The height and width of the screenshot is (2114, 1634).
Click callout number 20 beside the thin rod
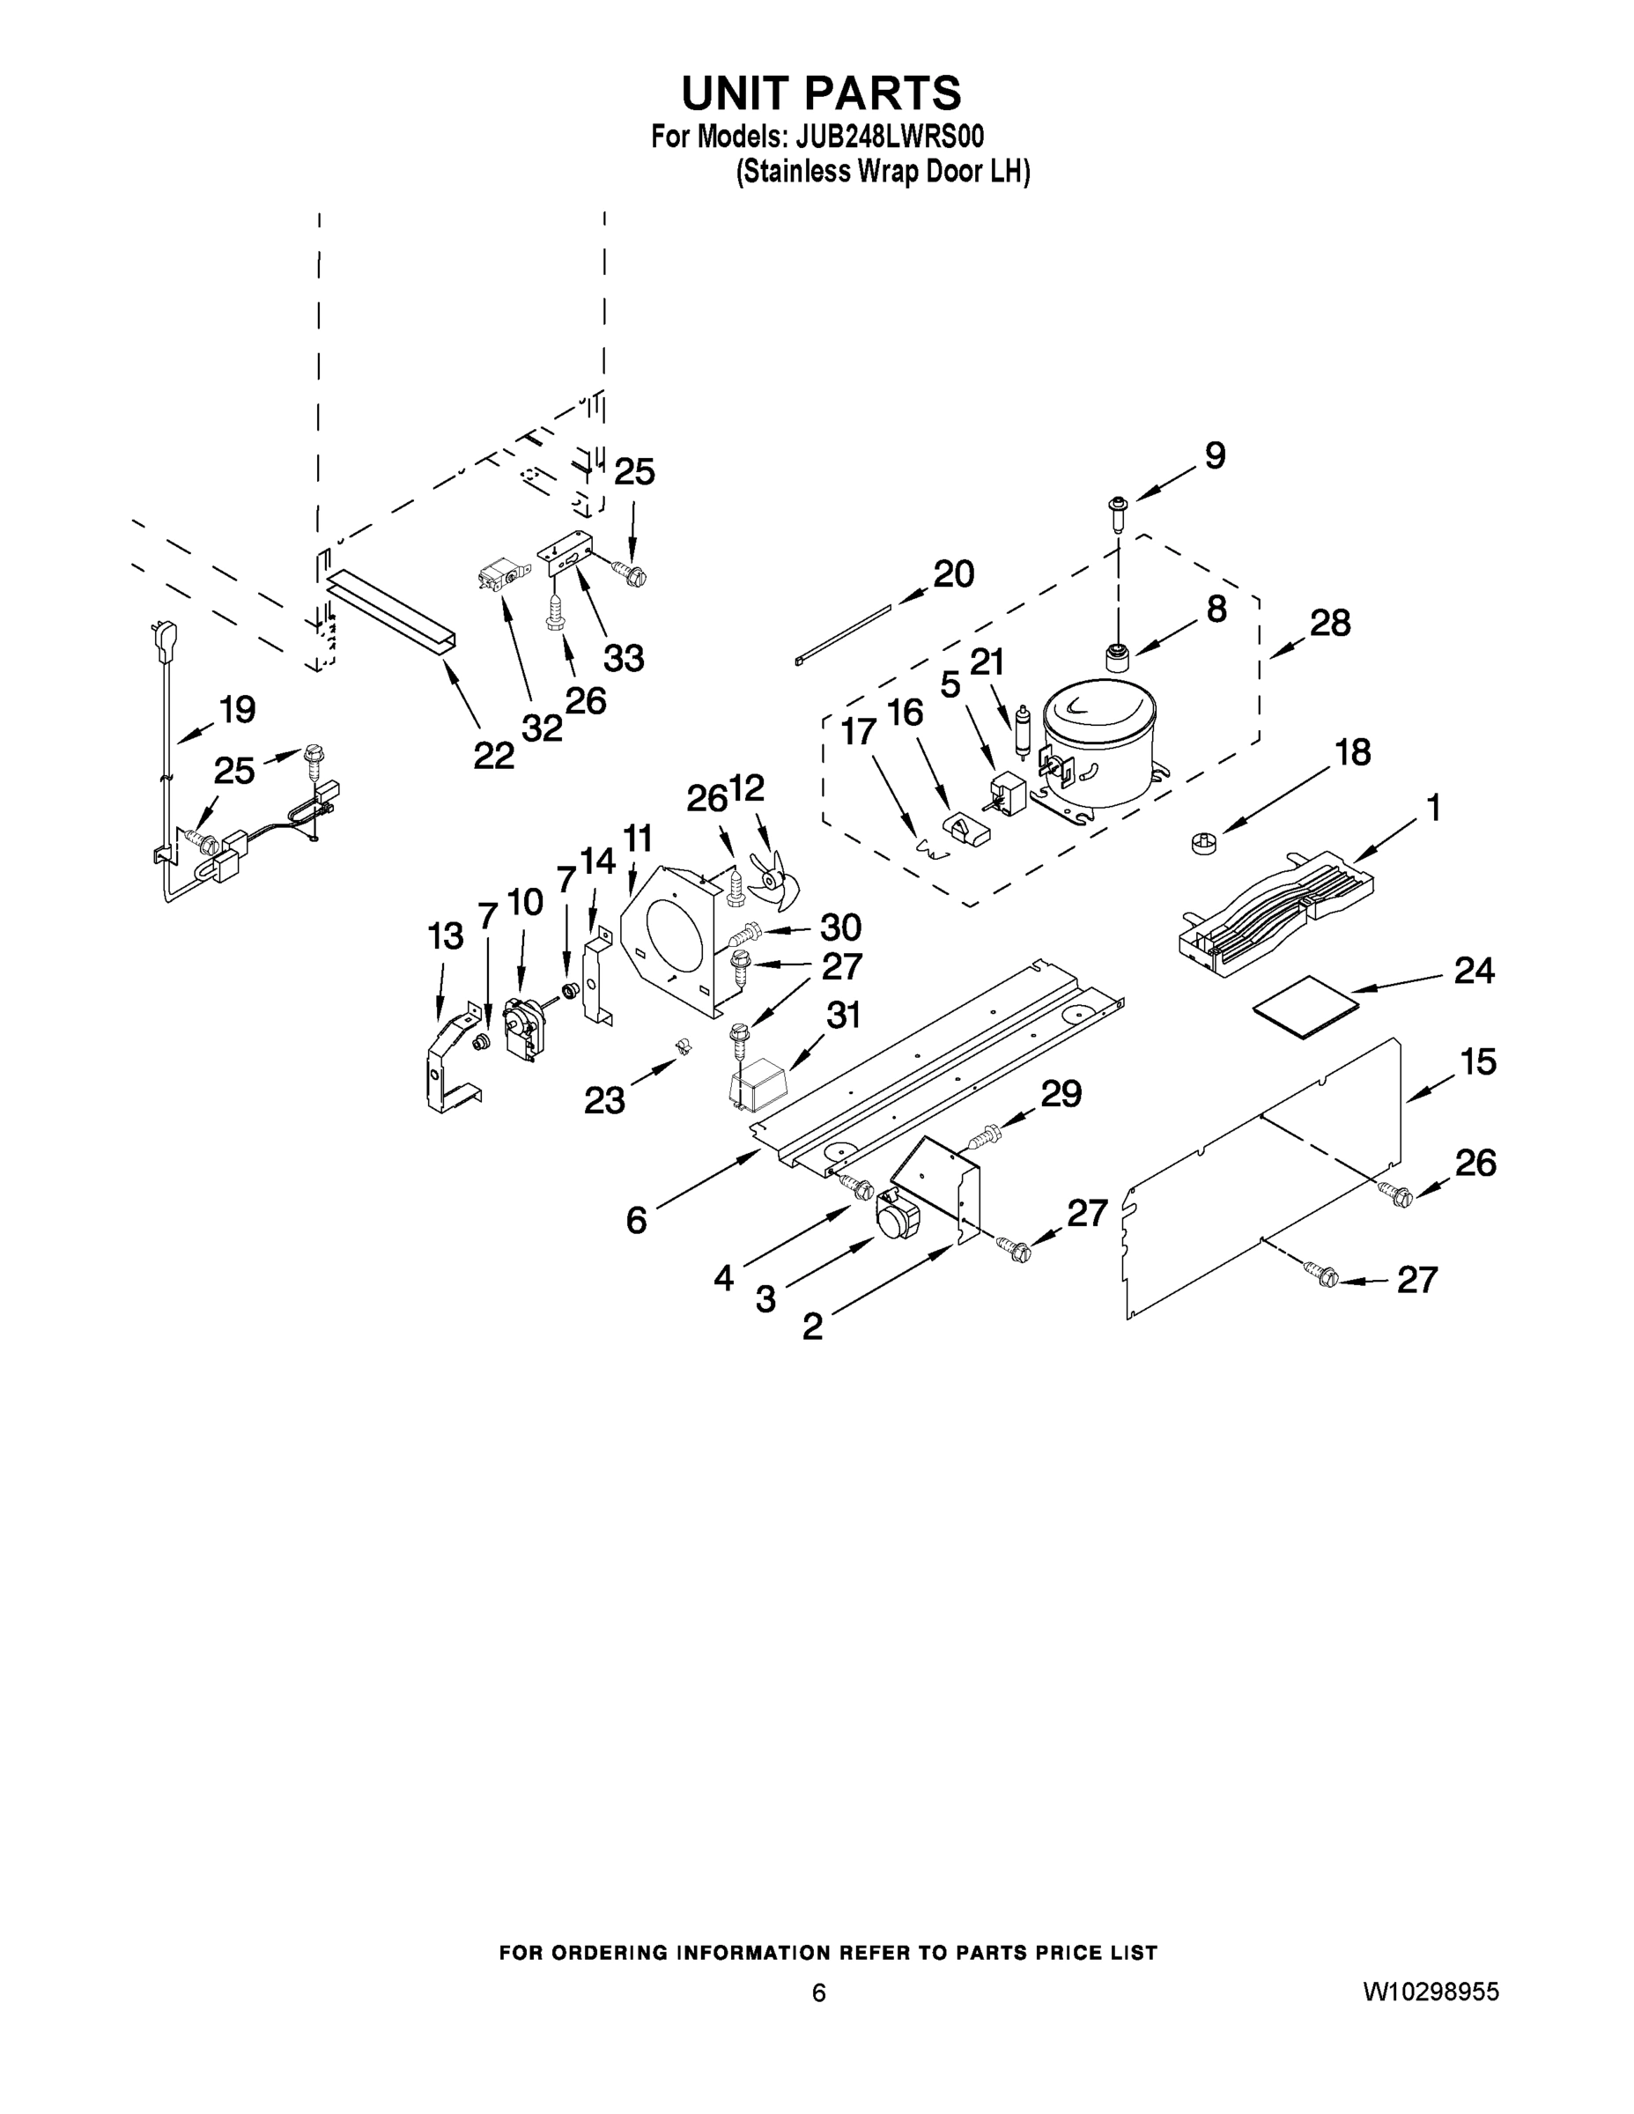pos(953,574)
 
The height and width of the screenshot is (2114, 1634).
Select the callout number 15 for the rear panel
pos(1478,1061)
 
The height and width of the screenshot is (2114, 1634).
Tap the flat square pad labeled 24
pos(1305,1007)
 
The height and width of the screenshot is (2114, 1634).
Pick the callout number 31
pos(843,1016)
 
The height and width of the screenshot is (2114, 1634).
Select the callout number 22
pos(493,755)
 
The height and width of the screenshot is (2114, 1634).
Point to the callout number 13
pos(446,936)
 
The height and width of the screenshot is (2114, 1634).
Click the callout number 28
pos(1330,624)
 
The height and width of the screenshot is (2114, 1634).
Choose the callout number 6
pos(636,1221)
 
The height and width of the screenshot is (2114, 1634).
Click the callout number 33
pos(624,658)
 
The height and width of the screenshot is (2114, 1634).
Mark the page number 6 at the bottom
pos(819,1992)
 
